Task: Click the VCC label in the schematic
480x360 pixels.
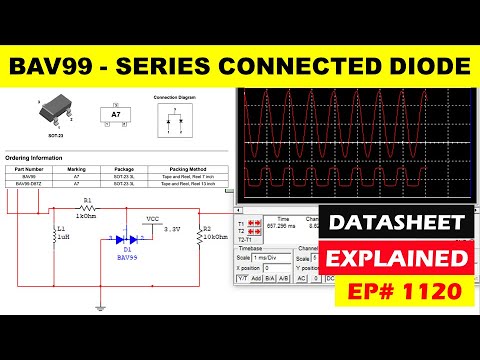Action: tap(152, 218)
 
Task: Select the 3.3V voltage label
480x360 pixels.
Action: tap(172, 229)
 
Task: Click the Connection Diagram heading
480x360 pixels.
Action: tap(174, 97)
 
